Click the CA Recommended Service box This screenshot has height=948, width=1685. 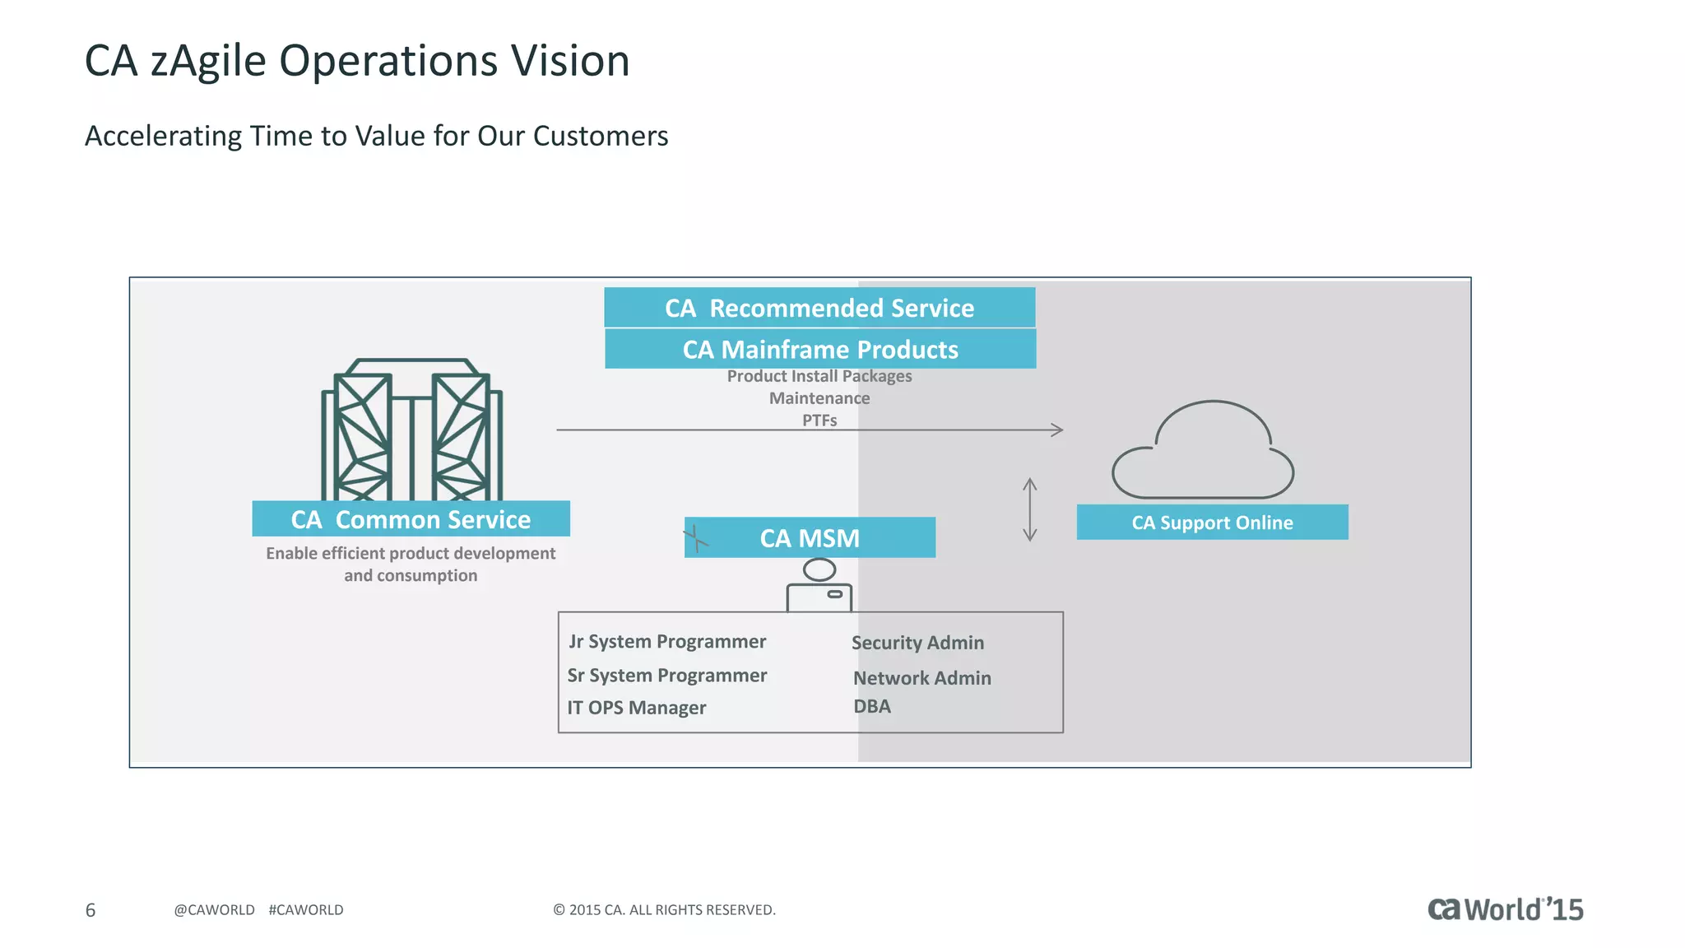pyautogui.click(x=819, y=308)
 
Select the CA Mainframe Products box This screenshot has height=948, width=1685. pyautogui.click(x=820, y=350)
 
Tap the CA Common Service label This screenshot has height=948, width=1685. pyautogui.click(x=411, y=519)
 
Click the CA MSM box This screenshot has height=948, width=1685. pyautogui.click(x=810, y=538)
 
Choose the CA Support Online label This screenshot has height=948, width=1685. pyautogui.click(x=1212, y=523)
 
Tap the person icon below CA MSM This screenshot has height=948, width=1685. pyautogui.click(x=819, y=585)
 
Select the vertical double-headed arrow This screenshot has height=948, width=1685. pyautogui.click(x=1029, y=509)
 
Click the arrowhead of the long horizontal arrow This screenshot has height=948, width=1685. pyautogui.click(x=1058, y=430)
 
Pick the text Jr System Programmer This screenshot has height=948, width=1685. pyautogui.click(x=667, y=642)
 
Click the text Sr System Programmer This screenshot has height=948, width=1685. pyautogui.click(x=666, y=676)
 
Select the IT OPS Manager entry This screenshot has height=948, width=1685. pyautogui.click(x=636, y=708)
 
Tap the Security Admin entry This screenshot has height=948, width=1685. pyautogui.click(x=917, y=643)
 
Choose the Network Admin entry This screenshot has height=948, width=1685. pyautogui.click(x=921, y=678)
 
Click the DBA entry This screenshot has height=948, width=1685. pyautogui.click(x=871, y=707)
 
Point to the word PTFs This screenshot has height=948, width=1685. pyautogui.click(x=819, y=421)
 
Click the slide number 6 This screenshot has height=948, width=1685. pyautogui.click(x=91, y=910)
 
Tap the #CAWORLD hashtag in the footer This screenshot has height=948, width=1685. pyautogui.click(x=305, y=910)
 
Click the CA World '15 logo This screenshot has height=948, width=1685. pyautogui.click(x=1505, y=909)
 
